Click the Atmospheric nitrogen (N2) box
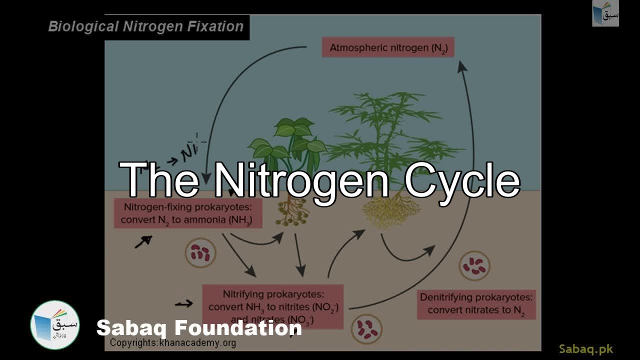387,47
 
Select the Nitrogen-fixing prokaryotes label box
188,213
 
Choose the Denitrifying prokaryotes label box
476,304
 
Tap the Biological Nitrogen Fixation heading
145,26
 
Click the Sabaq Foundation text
199,328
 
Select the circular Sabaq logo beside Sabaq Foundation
55,325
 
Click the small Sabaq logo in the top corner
605,13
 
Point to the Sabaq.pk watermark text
586,349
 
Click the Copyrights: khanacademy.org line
173,343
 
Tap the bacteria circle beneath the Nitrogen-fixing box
200,253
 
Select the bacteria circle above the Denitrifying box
474,265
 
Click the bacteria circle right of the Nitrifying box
366,328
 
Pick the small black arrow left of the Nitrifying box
183,303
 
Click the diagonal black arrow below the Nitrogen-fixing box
143,242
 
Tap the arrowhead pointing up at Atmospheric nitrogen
461,65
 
